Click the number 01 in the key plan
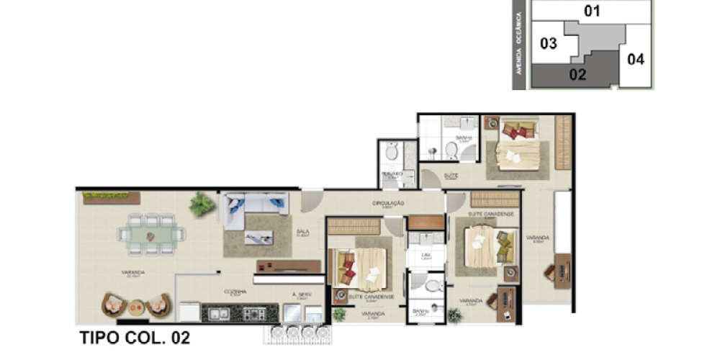592,11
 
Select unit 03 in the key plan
549,44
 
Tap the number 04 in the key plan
635,59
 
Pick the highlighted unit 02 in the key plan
577,73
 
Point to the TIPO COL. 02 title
134,338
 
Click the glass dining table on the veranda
150,235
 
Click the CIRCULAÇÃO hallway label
387,204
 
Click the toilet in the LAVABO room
392,152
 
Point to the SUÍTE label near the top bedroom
451,174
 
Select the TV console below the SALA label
287,266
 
